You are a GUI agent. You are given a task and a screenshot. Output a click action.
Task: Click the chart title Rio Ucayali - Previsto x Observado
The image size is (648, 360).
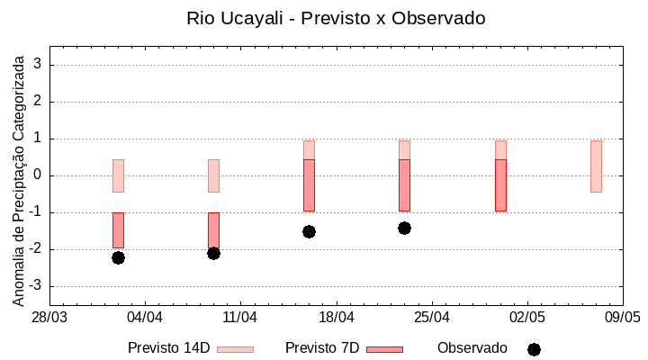pos(323,18)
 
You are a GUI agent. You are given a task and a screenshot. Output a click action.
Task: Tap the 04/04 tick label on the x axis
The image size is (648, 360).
pos(145,318)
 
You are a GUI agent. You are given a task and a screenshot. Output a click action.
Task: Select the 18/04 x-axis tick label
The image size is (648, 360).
pos(337,318)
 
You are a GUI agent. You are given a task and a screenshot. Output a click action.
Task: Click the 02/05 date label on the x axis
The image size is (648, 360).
pos(527,318)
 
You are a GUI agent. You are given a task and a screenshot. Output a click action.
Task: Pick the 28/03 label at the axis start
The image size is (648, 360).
pos(49,318)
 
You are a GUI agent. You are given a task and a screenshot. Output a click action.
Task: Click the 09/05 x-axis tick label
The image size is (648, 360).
pos(622,318)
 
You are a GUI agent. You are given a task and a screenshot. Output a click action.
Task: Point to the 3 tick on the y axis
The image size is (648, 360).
pos(38,64)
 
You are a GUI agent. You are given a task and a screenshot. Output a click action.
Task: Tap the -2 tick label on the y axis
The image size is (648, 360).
pos(35,249)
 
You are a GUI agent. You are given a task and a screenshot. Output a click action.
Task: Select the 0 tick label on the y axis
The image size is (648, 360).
pos(38,175)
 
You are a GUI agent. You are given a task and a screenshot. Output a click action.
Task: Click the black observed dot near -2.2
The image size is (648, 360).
pos(118,257)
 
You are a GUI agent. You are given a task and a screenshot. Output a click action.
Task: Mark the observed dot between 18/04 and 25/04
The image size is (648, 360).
pos(404,228)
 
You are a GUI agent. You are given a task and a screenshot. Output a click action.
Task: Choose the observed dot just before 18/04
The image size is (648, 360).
pos(309,231)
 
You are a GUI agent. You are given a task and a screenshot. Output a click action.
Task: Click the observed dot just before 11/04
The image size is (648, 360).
pos(213,253)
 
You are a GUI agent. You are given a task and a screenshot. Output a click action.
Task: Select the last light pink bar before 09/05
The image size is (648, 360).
pos(596,166)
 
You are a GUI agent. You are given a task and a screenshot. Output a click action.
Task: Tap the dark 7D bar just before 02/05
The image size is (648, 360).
pos(500,185)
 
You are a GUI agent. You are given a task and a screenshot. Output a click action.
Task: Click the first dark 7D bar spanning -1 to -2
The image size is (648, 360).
pos(118,230)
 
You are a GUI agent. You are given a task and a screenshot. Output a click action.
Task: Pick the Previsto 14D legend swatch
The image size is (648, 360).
pos(235,349)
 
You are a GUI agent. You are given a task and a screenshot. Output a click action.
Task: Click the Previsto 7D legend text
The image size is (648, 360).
pos(322,348)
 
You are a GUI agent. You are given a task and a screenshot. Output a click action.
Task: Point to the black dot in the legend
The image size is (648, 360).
pos(534,349)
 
